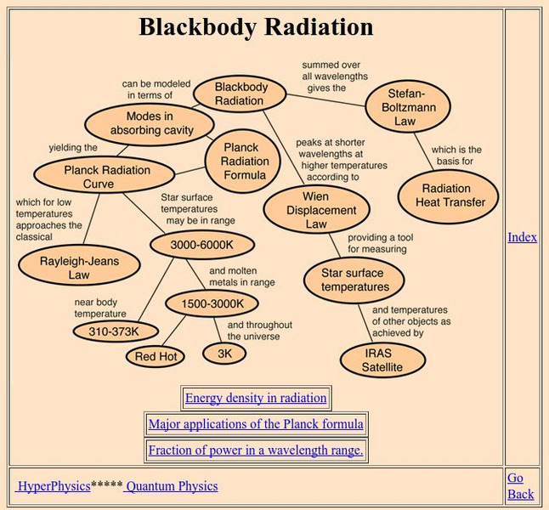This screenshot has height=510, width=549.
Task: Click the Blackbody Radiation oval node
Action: (x=240, y=93)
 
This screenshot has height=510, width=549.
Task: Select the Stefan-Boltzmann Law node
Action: (x=407, y=106)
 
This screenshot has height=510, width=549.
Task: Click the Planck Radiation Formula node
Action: (x=245, y=161)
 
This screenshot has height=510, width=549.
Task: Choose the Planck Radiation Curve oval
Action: (x=94, y=176)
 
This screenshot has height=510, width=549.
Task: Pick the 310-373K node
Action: (x=112, y=331)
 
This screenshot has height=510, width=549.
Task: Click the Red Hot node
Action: (x=156, y=356)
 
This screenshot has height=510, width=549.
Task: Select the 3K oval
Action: (x=224, y=352)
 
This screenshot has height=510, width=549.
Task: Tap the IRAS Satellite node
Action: (x=382, y=360)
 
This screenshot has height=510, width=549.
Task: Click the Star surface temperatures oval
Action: (x=354, y=280)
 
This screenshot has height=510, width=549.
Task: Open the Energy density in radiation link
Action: (x=255, y=398)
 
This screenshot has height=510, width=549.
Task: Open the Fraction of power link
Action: (x=255, y=450)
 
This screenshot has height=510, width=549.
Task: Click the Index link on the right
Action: (x=522, y=237)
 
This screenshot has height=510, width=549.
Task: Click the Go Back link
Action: (x=520, y=486)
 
